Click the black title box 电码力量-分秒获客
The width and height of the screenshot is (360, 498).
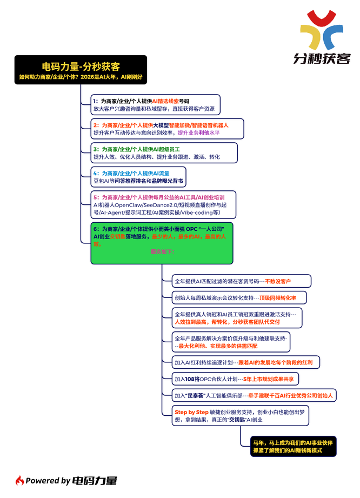[81, 70]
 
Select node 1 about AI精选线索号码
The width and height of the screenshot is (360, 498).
[155, 105]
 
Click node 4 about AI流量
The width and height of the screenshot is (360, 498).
[141, 177]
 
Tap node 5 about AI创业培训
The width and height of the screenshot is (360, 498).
[160, 205]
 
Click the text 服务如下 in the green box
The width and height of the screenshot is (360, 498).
[162, 252]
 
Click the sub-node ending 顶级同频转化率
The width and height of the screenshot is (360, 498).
[241, 298]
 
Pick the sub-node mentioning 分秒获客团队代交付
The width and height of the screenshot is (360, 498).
[240, 318]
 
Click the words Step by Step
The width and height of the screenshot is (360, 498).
[188, 412]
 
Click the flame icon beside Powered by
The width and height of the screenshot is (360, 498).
[19, 481]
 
